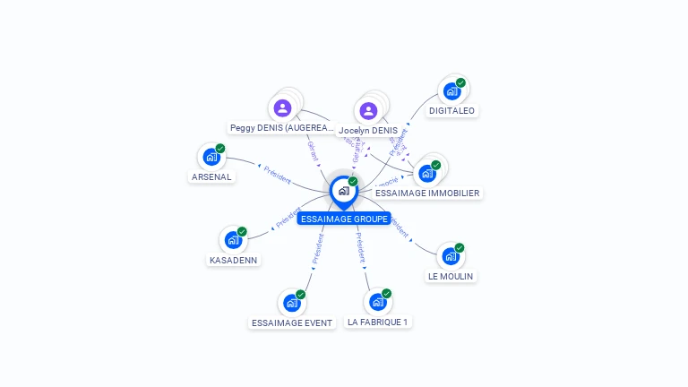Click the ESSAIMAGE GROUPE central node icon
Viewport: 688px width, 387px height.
pos(343,191)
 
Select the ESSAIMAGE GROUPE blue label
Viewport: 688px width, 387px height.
pos(344,219)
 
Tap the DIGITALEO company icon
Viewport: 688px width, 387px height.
pos(452,91)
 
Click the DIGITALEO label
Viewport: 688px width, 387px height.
pos(452,111)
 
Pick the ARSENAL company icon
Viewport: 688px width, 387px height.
pos(211,158)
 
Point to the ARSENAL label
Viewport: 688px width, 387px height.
pos(212,177)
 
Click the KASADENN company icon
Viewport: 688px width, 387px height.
pos(233,240)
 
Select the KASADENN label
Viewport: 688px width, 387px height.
pos(233,261)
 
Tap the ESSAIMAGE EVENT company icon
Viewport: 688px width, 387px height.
pos(292,303)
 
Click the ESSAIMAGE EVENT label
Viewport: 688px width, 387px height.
pos(292,322)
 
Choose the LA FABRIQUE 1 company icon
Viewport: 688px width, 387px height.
pos(378,302)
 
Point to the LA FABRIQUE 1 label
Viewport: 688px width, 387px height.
pos(378,322)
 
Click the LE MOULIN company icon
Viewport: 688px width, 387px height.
pos(451,256)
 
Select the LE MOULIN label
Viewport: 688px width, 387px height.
pos(451,277)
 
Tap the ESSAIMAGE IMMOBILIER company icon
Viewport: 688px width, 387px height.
pos(427,173)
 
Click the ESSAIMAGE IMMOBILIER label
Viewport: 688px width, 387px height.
pos(427,193)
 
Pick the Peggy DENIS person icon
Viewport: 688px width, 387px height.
pos(283,109)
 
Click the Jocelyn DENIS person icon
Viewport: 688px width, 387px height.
pos(368,111)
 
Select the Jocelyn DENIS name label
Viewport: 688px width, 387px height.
pos(368,131)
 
